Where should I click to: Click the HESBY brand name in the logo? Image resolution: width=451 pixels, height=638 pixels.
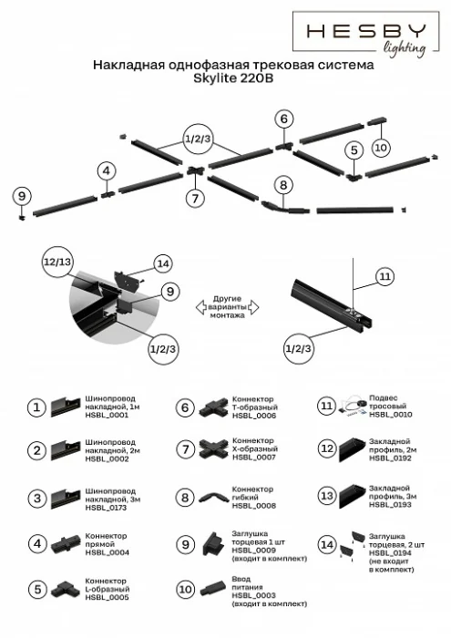click(x=365, y=31)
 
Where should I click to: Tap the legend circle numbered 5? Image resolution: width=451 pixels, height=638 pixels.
click(x=36, y=590)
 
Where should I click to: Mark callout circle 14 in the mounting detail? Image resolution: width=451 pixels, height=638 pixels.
click(x=162, y=263)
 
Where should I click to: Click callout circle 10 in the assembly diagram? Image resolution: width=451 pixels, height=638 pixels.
click(x=381, y=146)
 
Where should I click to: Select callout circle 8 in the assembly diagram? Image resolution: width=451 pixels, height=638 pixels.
click(x=284, y=185)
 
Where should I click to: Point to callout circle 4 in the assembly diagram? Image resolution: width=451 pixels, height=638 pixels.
click(x=107, y=170)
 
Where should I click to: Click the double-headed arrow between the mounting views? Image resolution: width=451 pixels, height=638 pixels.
click(x=226, y=309)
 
